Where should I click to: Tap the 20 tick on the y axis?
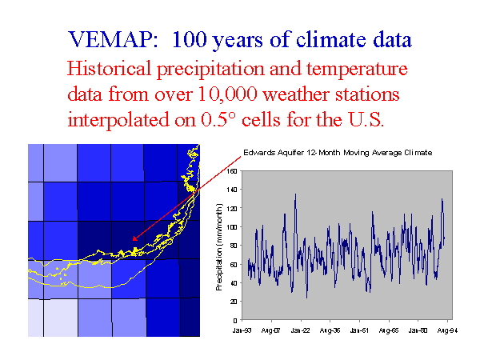point(234,301)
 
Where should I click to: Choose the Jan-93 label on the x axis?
point(242,329)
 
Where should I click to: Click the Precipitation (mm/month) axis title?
point(219,246)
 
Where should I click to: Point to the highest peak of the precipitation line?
point(294,194)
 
